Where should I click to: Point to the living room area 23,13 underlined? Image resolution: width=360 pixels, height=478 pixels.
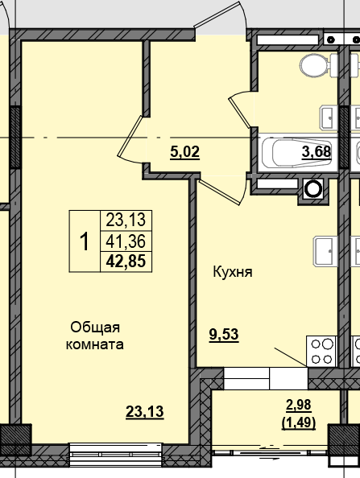click(x=145, y=412)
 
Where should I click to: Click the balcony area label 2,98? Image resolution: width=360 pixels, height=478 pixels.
click(x=298, y=404)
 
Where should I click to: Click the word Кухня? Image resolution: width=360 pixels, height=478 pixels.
click(x=233, y=272)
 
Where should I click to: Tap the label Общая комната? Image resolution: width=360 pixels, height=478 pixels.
click(x=95, y=336)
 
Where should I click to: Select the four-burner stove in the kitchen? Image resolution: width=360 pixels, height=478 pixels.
click(x=322, y=351)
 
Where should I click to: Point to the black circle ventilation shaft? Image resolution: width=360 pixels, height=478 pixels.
click(x=312, y=191)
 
